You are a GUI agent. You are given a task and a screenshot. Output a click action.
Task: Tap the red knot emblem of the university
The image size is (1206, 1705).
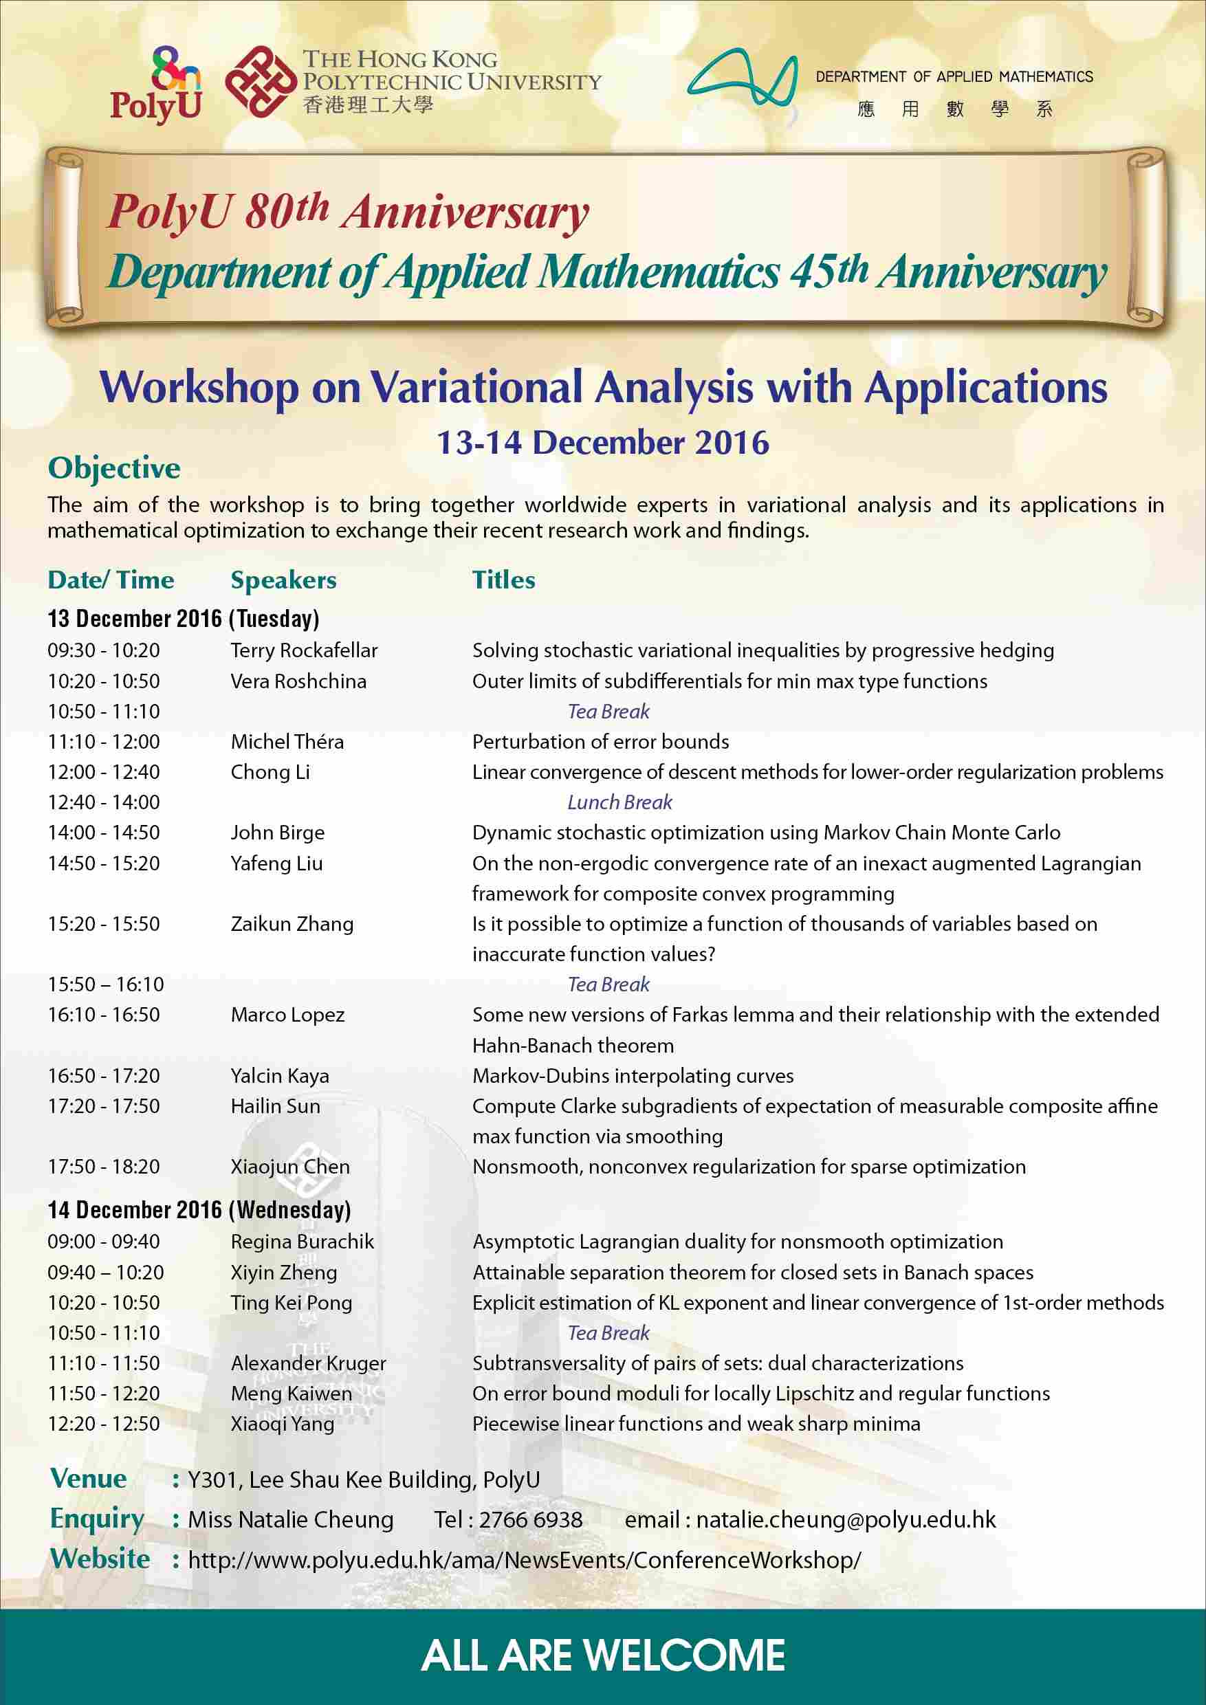[x=261, y=82]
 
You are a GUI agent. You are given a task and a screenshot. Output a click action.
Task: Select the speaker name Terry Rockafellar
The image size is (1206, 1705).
[x=304, y=650]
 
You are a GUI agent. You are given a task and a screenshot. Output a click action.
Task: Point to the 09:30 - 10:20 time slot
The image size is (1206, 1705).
[x=104, y=650]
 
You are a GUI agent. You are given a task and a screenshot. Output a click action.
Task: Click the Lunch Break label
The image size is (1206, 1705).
[x=620, y=802]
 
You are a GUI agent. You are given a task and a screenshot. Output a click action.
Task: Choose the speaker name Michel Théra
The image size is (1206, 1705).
[x=287, y=741]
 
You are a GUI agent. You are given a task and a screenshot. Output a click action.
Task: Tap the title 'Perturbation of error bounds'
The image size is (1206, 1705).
[x=600, y=741]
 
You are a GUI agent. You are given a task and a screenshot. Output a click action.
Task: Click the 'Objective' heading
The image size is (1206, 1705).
[x=113, y=467]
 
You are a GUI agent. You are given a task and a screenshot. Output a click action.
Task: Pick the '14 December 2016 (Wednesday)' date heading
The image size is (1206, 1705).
[x=199, y=1210]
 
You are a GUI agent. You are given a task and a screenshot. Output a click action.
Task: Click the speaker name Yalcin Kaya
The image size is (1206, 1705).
[x=279, y=1075]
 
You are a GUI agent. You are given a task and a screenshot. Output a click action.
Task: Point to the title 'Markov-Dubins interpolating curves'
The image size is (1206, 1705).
[x=633, y=1075]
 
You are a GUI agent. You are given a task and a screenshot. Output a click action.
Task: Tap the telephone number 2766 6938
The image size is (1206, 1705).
[x=530, y=1519]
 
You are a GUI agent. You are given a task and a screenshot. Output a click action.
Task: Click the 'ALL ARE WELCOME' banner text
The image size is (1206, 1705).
[x=602, y=1655]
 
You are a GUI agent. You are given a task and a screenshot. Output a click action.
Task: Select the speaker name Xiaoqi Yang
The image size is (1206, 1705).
[x=282, y=1424]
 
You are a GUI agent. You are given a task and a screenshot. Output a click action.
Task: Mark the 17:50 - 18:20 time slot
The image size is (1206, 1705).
[x=104, y=1167]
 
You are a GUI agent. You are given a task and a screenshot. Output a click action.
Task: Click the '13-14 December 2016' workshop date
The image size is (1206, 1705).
[x=602, y=443]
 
